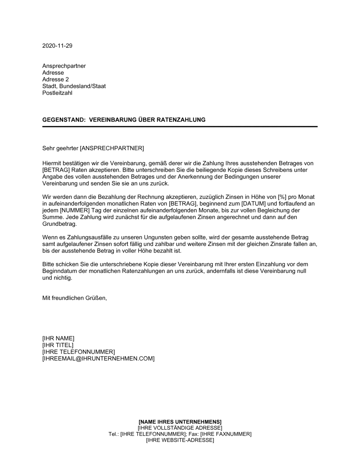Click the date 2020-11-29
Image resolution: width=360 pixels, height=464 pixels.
click(x=57, y=46)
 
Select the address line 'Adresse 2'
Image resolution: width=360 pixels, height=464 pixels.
click(x=55, y=79)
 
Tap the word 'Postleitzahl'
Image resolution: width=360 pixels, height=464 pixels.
click(x=57, y=93)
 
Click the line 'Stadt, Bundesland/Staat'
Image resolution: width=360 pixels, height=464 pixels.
click(x=74, y=86)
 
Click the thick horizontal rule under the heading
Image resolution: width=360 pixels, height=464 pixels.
click(x=180, y=127)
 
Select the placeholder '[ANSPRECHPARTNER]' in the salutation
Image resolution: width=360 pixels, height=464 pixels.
click(x=112, y=148)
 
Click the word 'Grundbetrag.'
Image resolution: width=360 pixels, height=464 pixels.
click(x=59, y=224)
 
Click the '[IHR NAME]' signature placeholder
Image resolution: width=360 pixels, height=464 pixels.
click(x=58, y=338)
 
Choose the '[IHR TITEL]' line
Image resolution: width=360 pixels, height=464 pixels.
click(x=58, y=345)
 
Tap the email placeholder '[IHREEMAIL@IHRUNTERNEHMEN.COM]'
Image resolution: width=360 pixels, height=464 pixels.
click(x=98, y=359)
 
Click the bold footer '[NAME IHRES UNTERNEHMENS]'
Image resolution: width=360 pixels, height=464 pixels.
click(x=180, y=422)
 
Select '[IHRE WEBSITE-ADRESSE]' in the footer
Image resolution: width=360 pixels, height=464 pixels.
click(x=180, y=440)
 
